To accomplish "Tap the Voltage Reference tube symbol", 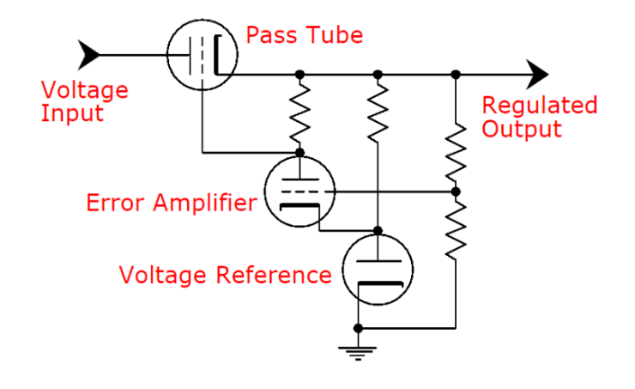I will click(378, 270).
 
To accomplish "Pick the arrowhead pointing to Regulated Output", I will click(536, 74).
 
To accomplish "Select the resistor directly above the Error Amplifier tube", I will click(299, 113).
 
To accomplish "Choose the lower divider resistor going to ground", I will click(457, 227).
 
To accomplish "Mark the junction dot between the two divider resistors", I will click(457, 191).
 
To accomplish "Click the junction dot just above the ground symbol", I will click(359, 327).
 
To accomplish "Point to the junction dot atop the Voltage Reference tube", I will click(378, 231).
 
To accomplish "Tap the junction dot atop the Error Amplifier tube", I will click(299, 153).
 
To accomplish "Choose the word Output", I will click(522, 130).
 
